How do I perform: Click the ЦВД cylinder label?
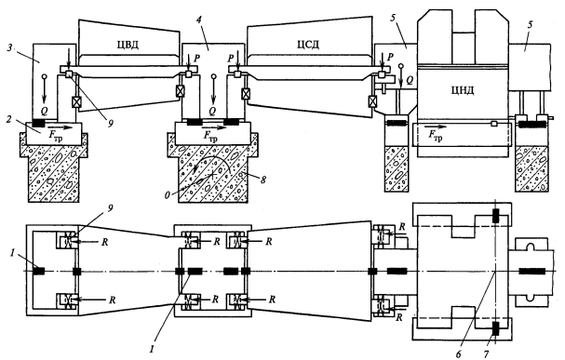click(x=128, y=45)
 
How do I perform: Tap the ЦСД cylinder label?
click(x=308, y=45)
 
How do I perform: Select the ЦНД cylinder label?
click(x=463, y=90)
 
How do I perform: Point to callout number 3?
click(x=10, y=48)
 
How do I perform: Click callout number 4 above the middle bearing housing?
click(x=199, y=20)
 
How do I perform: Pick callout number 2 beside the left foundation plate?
click(x=9, y=118)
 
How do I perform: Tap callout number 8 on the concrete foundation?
click(x=263, y=180)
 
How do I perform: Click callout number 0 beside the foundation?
click(x=168, y=194)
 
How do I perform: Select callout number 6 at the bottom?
click(x=458, y=354)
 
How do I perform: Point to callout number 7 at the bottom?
click(x=486, y=354)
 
